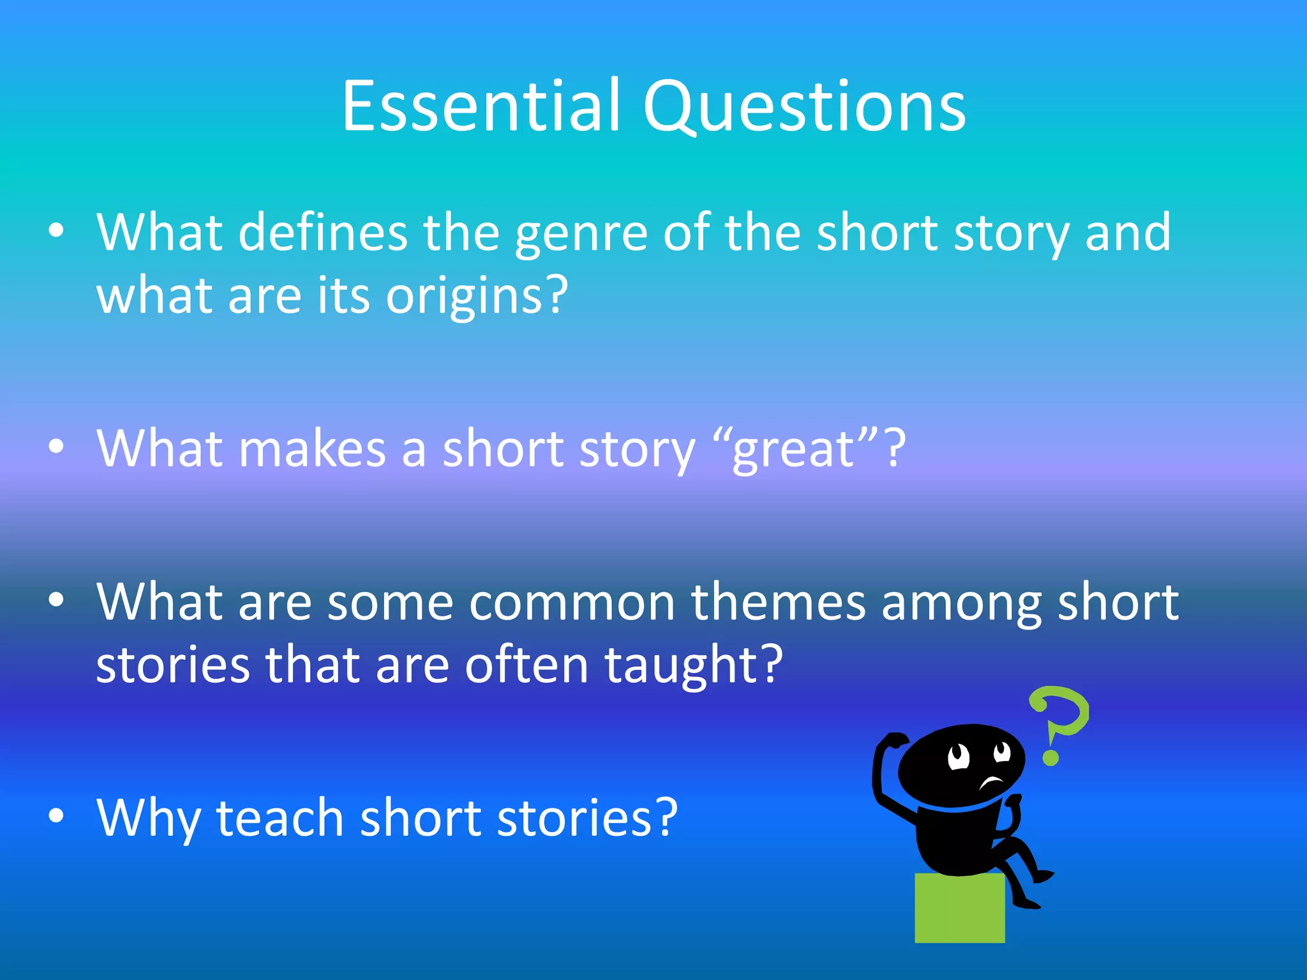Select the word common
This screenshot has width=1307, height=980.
pos(572,603)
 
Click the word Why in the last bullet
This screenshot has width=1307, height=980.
pos(147,819)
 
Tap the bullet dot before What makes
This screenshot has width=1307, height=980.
pos(56,447)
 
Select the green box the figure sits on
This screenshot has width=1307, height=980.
pos(959,909)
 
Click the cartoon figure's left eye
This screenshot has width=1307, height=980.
pos(958,757)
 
